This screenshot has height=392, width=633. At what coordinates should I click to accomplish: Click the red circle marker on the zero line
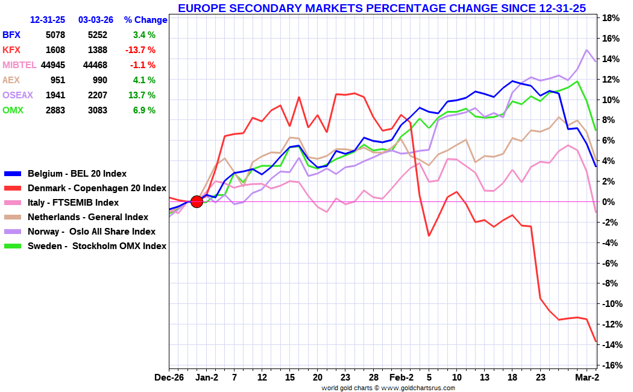pyautogui.click(x=197, y=201)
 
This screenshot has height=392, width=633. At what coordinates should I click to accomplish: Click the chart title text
pyautogui.click(x=382, y=8)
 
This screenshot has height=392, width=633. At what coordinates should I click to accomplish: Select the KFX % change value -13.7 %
pyautogui.click(x=140, y=50)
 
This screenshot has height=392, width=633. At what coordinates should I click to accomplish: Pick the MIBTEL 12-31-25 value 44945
pyautogui.click(x=53, y=65)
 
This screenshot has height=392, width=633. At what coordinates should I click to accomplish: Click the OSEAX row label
pyautogui.click(x=18, y=95)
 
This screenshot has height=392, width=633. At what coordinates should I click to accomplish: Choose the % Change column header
pyautogui.click(x=146, y=20)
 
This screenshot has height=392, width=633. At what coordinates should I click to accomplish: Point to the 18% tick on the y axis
pyautogui.click(x=611, y=18)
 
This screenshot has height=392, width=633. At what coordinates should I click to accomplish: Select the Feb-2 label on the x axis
pyautogui.click(x=402, y=378)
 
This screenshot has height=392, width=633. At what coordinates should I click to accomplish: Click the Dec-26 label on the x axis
pyautogui.click(x=169, y=378)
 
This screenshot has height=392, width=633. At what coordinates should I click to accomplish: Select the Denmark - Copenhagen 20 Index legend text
pyautogui.click(x=96, y=188)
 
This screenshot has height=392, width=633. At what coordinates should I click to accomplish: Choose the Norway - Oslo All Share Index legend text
pyautogui.click(x=92, y=232)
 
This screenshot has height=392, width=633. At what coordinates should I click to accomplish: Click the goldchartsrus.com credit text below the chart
pyautogui.click(x=388, y=388)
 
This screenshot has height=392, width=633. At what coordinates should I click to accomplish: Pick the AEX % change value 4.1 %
pyautogui.click(x=144, y=80)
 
